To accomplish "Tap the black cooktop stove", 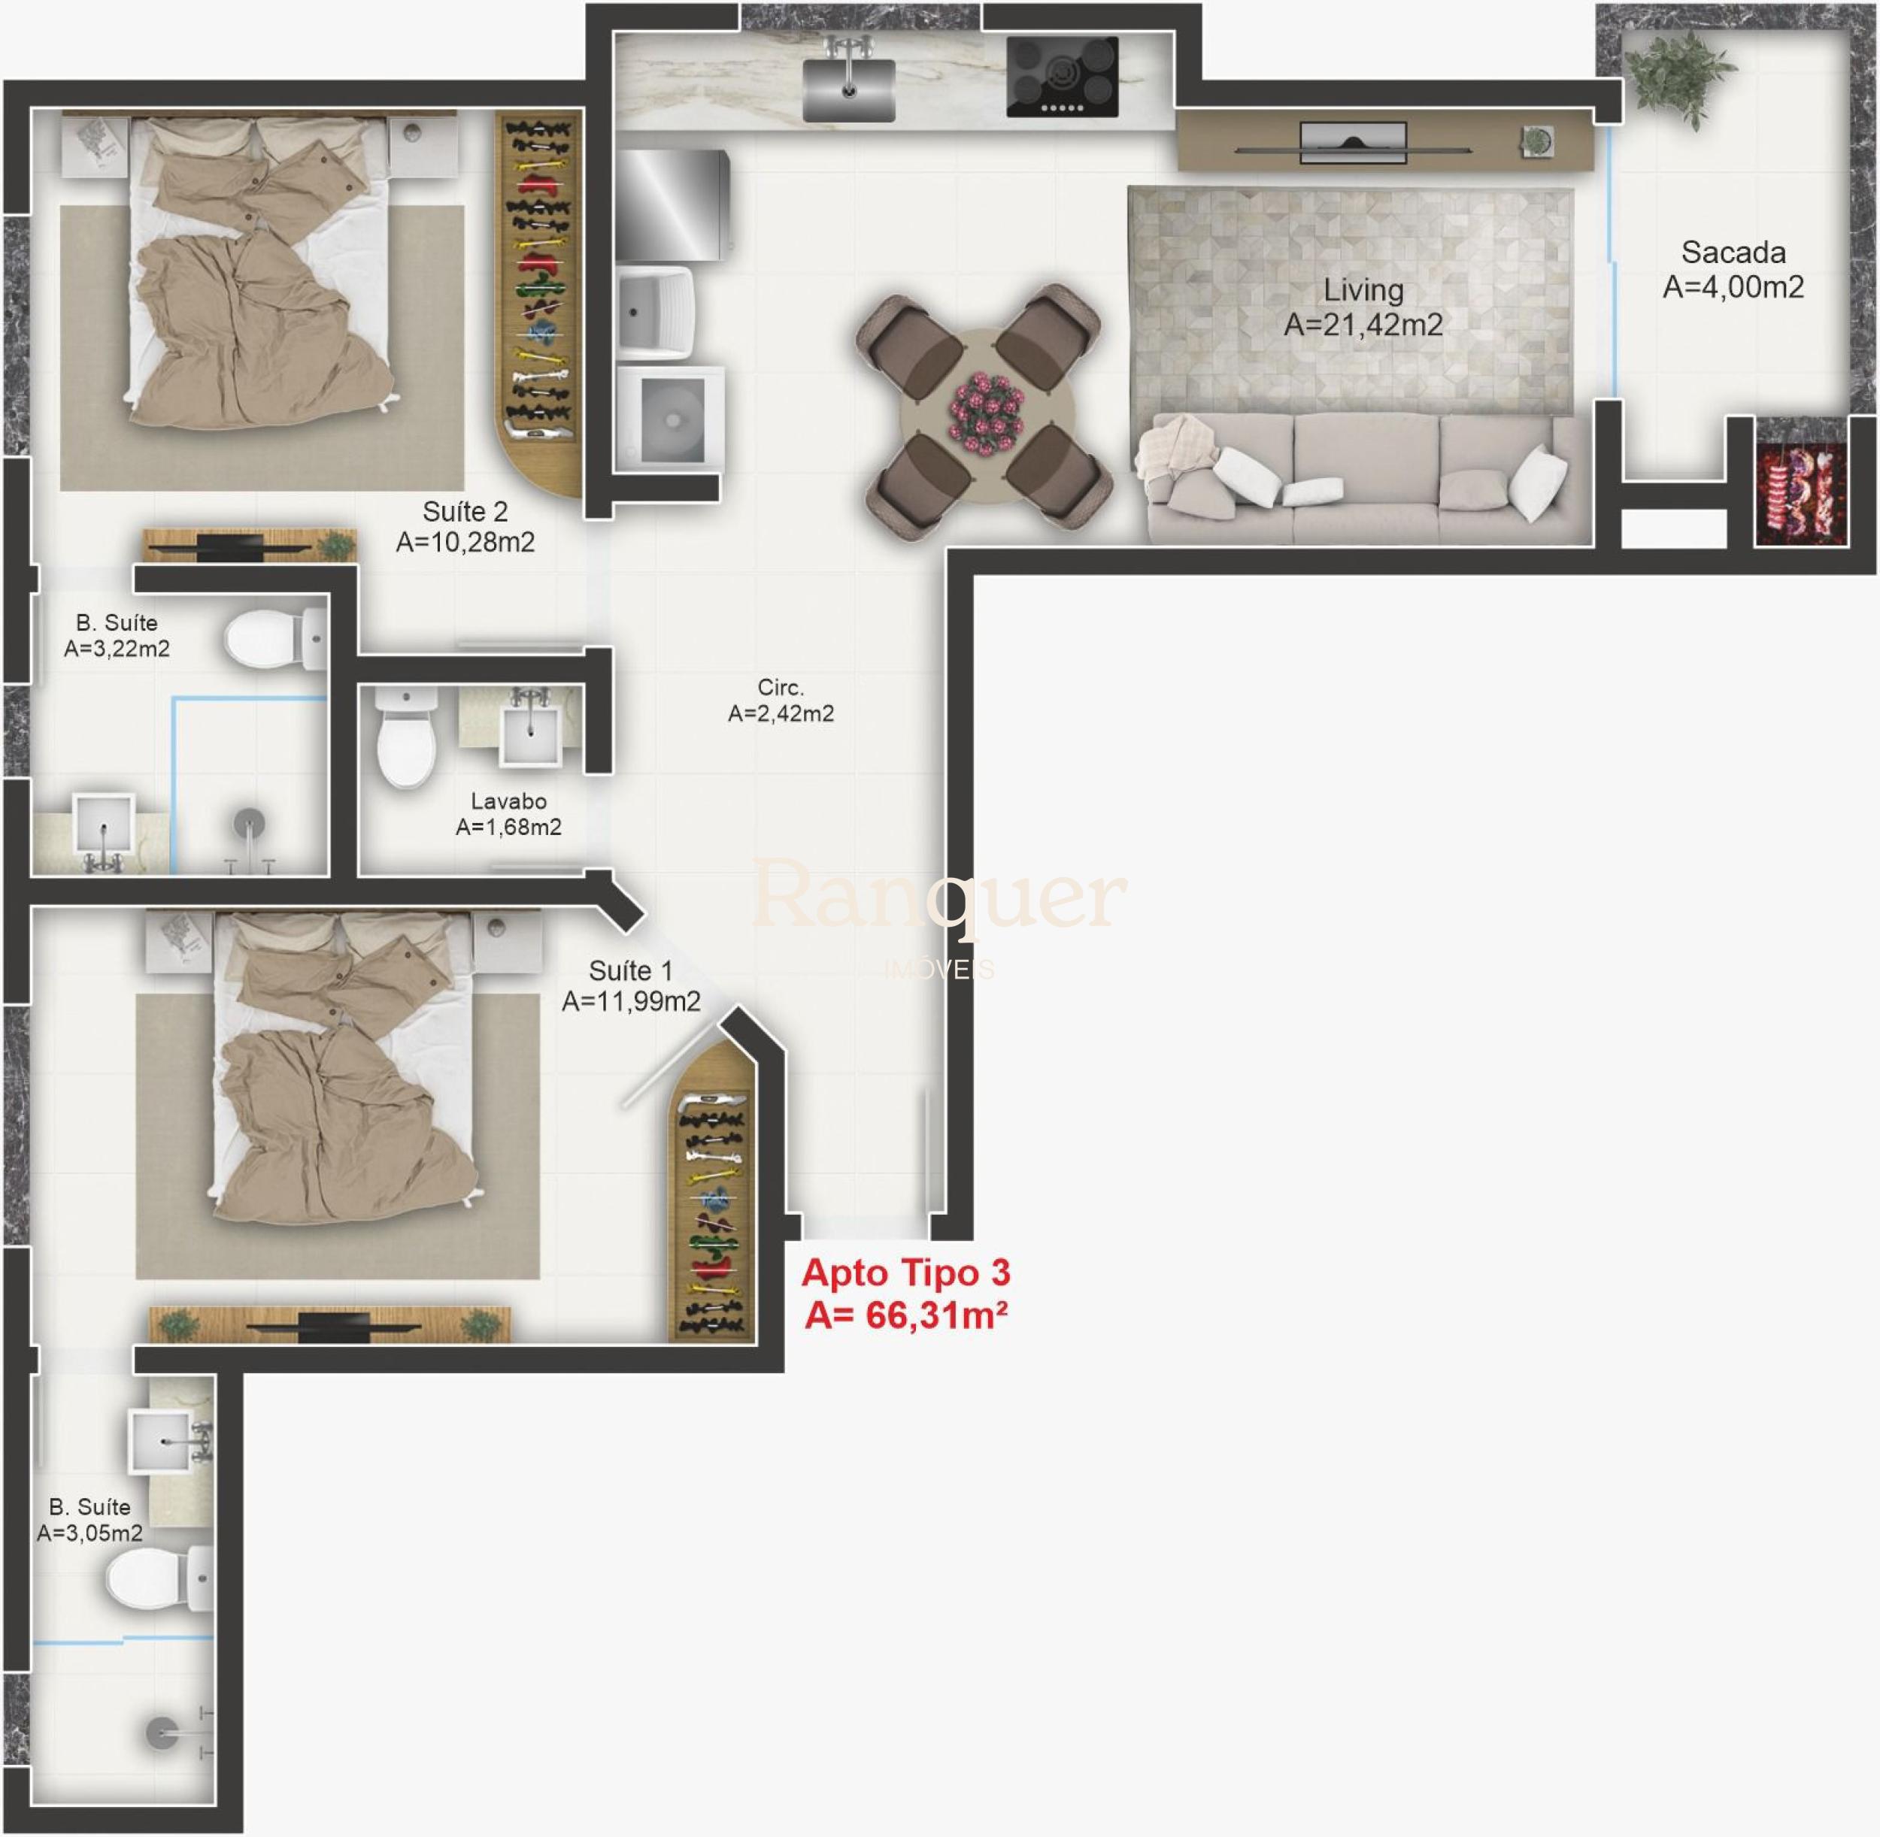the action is coord(1062,77).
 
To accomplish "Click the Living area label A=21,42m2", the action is coord(1363,325).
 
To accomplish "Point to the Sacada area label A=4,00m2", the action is coord(1733,286).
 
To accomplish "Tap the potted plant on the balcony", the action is coord(1680,72).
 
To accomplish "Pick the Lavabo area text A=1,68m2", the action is coord(508,827).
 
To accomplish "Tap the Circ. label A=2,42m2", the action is coord(781,713).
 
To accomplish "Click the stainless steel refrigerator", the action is coord(673,204).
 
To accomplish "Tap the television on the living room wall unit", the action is coord(1353,143).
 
